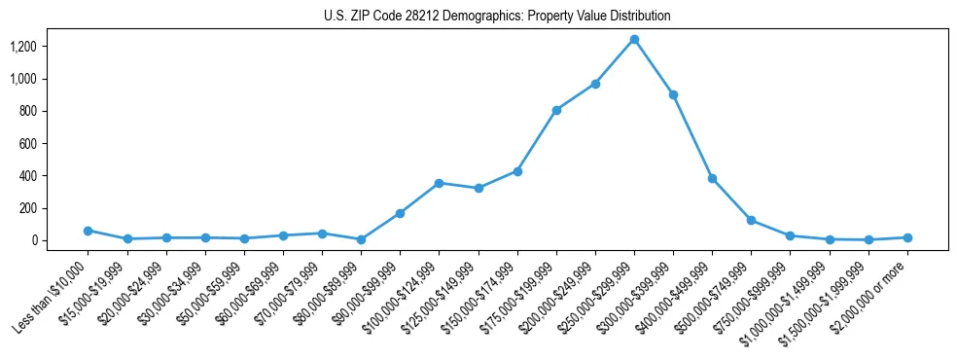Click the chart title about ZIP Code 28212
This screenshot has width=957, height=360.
pyautogui.click(x=497, y=17)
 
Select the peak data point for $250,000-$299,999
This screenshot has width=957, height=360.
pyautogui.click(x=634, y=40)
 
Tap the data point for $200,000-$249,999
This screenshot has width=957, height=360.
pyautogui.click(x=595, y=84)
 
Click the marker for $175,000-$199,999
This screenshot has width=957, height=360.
pyautogui.click(x=556, y=110)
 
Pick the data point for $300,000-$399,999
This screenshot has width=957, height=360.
pyautogui.click(x=673, y=95)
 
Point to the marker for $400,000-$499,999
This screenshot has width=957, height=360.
pyautogui.click(x=712, y=178)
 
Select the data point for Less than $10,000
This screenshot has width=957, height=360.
pyautogui.click(x=88, y=231)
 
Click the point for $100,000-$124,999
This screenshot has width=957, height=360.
pyautogui.click(x=439, y=183)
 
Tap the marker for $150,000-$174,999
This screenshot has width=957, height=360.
pyautogui.click(x=517, y=171)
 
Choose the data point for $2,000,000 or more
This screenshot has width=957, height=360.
pyautogui.click(x=907, y=237)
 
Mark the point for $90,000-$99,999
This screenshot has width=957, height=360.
pyautogui.click(x=400, y=213)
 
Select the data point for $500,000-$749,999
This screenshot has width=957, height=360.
pyautogui.click(x=751, y=220)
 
